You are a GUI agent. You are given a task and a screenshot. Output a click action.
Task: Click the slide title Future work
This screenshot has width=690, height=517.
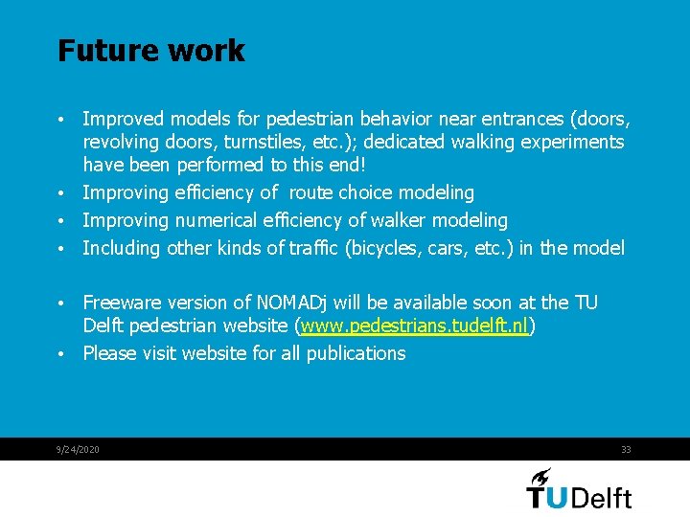click(x=150, y=51)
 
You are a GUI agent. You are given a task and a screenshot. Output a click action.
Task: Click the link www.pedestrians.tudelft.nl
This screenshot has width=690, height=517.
click(x=415, y=326)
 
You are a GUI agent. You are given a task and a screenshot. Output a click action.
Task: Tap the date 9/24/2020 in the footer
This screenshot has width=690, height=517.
click(x=79, y=450)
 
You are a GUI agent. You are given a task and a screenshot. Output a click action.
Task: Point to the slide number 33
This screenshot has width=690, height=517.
click(x=626, y=450)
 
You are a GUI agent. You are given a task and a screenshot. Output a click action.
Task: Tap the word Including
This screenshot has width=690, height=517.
click(x=122, y=248)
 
